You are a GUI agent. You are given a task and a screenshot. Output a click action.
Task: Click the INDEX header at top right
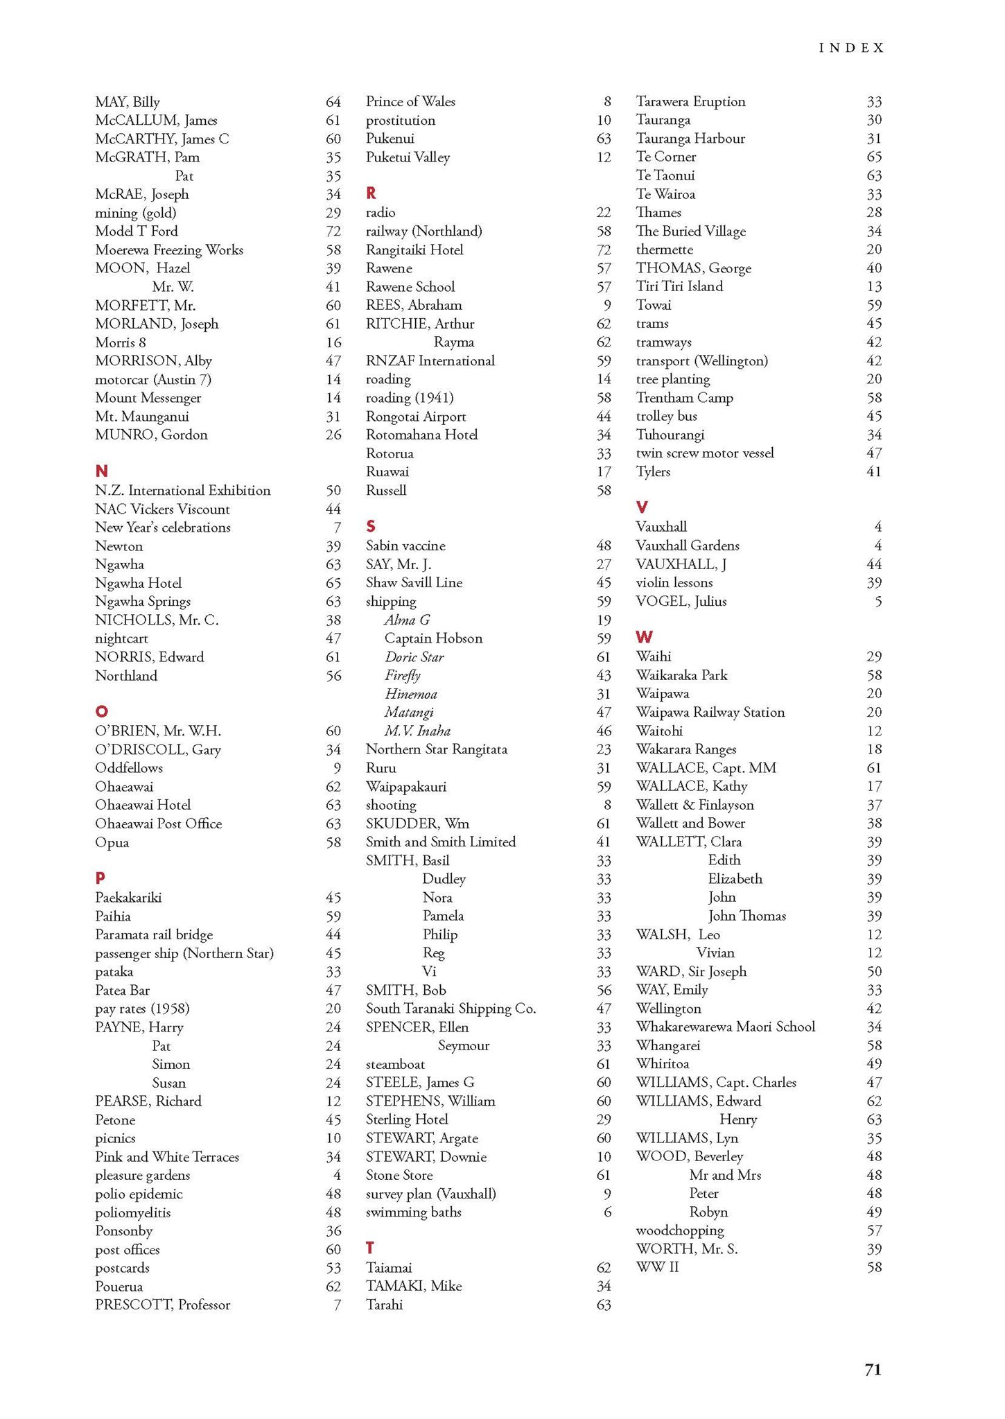point(851,48)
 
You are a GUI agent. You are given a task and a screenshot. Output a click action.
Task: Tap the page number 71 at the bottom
point(873,1369)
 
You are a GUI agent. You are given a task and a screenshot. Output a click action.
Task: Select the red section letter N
point(101,471)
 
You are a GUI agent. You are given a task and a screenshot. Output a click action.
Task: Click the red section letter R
point(371,193)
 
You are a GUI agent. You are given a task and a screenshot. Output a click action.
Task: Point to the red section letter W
point(644,637)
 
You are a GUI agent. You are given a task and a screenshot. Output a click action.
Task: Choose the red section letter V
point(642,507)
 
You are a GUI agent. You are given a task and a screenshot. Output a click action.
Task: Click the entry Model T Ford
point(137,231)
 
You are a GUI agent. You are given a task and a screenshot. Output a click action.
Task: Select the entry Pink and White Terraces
point(167,1156)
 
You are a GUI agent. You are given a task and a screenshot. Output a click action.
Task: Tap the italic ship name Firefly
point(403,675)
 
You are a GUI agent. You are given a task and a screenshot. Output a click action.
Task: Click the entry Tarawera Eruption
point(690,101)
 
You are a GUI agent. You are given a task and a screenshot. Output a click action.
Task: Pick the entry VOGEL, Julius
point(681,601)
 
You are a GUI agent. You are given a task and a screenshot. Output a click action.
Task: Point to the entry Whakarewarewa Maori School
point(725,1027)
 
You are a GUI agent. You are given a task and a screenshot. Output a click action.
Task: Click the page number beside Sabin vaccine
point(603,546)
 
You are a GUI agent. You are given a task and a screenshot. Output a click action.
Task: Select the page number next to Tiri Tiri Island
point(874,286)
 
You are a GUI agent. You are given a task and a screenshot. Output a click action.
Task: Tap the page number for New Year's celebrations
point(337,528)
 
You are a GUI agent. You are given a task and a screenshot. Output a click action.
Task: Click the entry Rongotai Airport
point(416,416)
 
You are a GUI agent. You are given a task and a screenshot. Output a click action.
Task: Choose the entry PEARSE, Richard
point(148,1101)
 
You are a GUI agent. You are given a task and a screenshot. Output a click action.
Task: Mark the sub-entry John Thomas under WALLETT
point(746,916)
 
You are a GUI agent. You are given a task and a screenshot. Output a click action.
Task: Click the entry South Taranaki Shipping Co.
point(451,1009)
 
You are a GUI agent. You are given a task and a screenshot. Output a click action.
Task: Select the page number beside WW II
point(874,1267)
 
